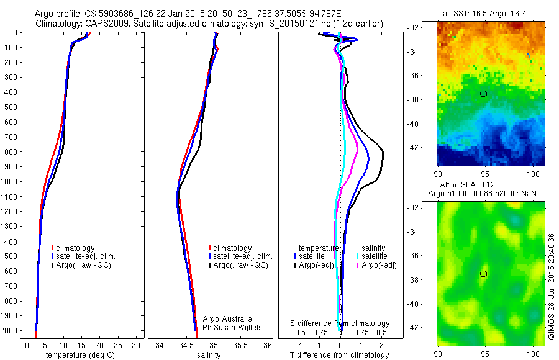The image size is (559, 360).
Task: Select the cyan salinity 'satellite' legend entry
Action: (x=373, y=256)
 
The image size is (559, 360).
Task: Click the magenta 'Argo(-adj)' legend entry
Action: (x=378, y=265)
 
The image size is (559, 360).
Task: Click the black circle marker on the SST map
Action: (x=484, y=93)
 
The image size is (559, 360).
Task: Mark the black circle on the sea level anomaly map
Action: (x=484, y=274)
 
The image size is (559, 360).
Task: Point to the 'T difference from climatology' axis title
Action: (x=340, y=355)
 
